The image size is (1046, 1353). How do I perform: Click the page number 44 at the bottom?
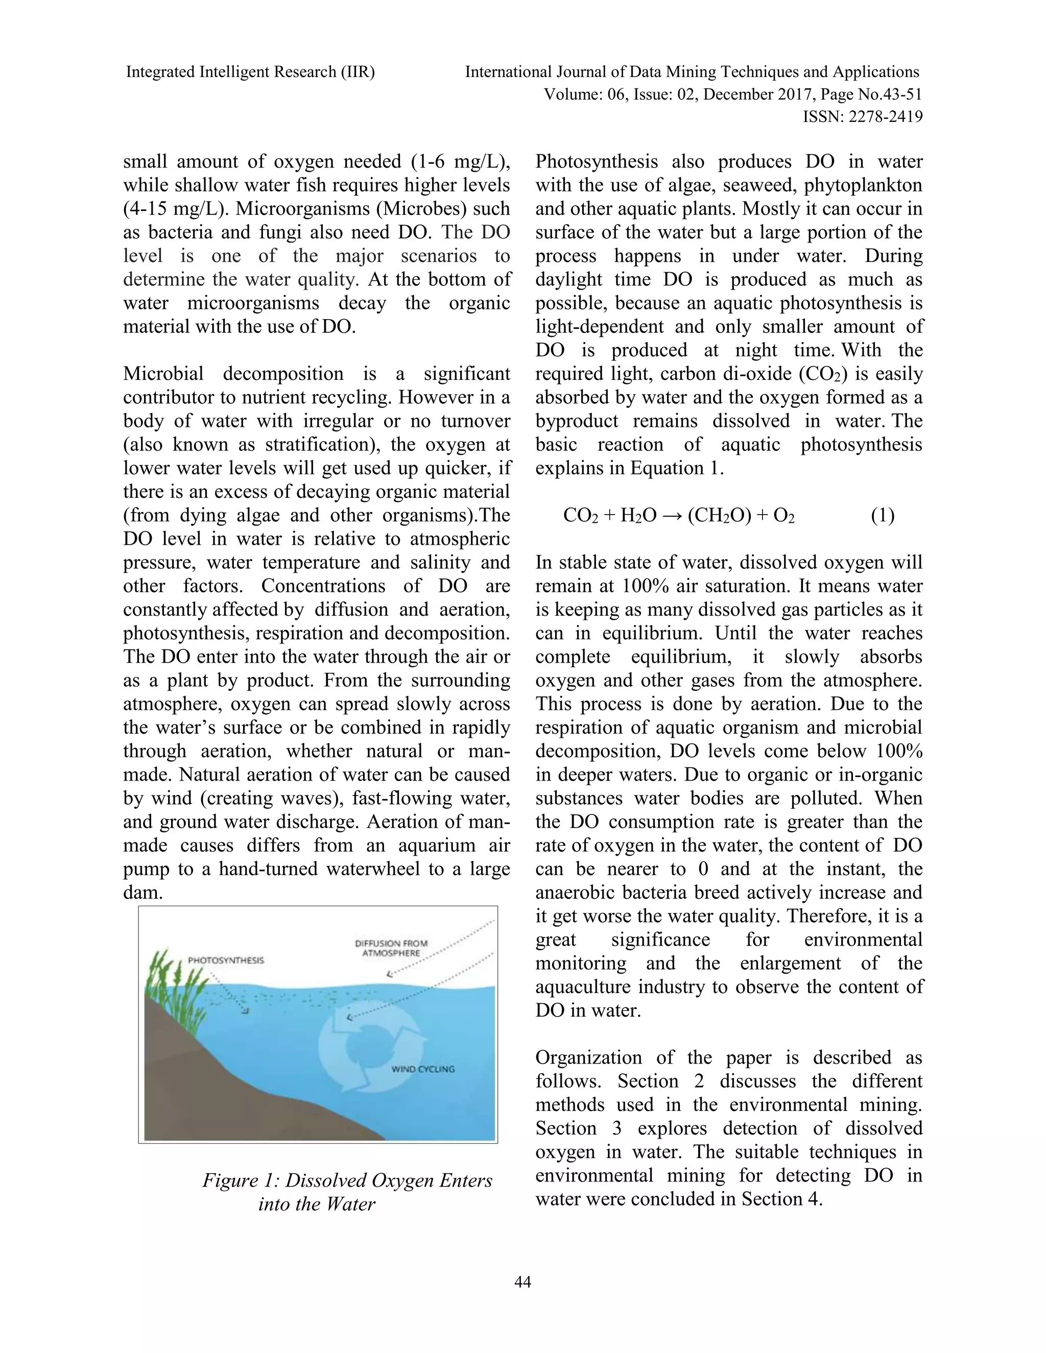[x=523, y=1282]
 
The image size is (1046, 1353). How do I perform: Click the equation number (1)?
[x=883, y=516]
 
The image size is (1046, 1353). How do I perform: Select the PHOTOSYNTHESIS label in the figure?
[x=226, y=960]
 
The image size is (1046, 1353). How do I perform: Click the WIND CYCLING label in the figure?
[x=423, y=1069]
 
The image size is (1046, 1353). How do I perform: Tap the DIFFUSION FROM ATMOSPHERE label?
[x=391, y=948]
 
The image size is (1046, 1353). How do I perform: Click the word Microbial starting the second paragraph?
[x=163, y=374]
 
